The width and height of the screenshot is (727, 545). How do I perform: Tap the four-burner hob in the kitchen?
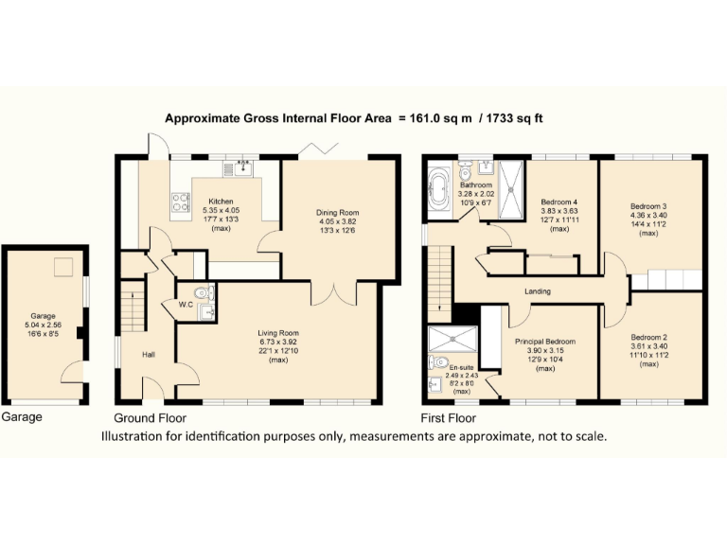[x=180, y=202]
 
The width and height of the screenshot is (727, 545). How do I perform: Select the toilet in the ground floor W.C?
[x=196, y=292]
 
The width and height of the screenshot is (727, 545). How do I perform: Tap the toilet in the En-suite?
[x=437, y=362]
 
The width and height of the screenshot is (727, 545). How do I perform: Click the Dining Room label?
[x=338, y=213]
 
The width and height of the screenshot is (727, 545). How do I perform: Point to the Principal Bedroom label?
[x=544, y=342]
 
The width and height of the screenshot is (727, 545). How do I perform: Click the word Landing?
[x=537, y=291]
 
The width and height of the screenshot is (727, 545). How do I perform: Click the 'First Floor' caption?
[x=448, y=417]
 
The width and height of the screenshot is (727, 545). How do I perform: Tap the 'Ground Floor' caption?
[x=150, y=417]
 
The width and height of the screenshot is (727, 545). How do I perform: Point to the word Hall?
[x=149, y=355]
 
